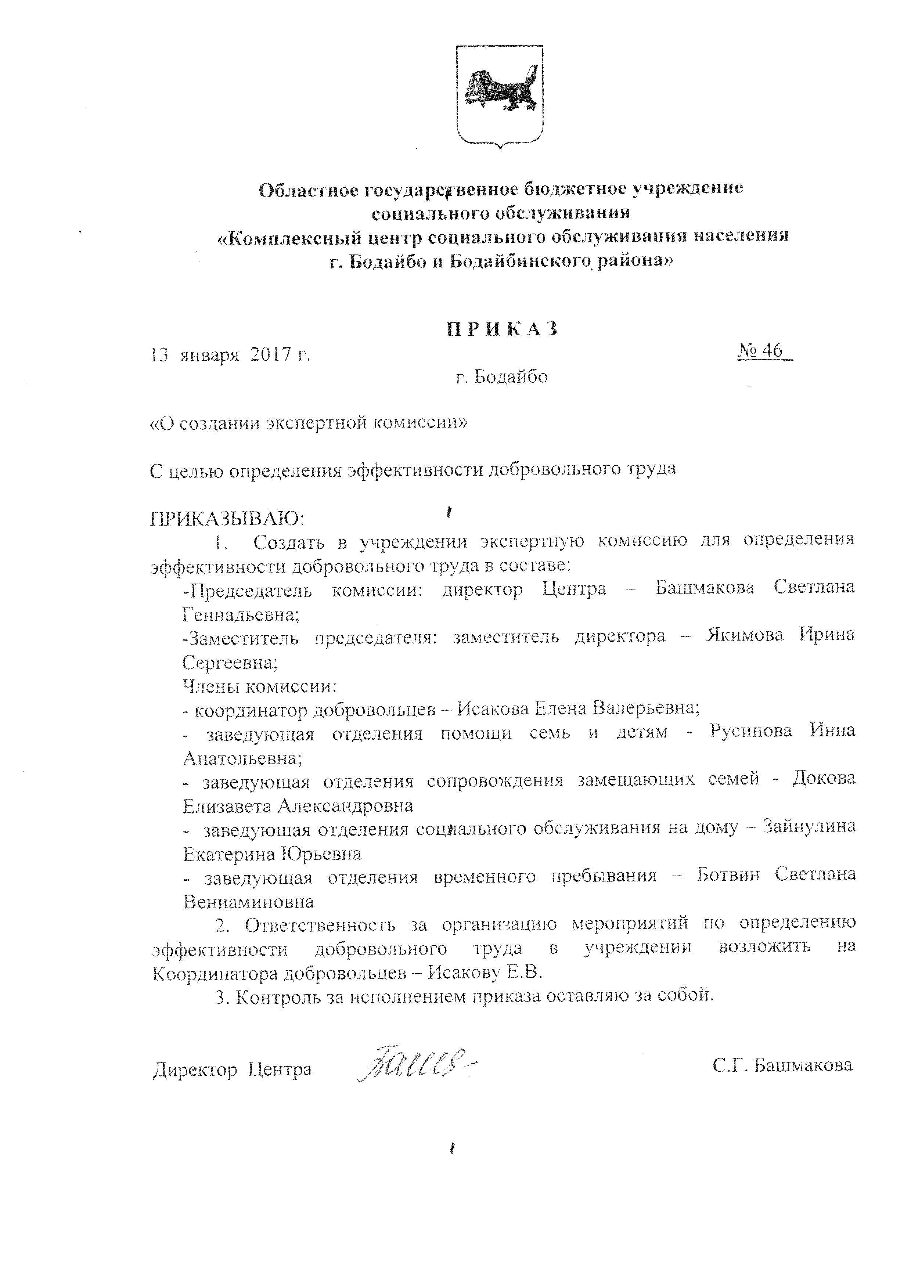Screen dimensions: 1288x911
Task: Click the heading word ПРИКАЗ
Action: (503, 329)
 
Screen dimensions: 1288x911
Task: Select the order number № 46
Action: (764, 351)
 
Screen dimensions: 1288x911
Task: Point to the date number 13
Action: (159, 355)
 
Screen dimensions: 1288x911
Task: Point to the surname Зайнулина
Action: (809, 827)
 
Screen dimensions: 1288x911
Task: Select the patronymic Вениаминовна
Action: (249, 902)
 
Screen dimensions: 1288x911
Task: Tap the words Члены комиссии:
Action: (260, 686)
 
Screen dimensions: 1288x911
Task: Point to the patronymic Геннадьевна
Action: (241, 615)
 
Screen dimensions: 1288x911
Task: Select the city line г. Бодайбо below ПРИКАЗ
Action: (501, 377)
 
